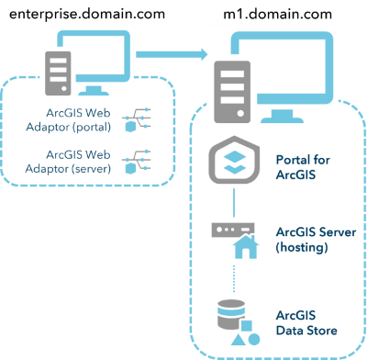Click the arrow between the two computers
pos(170,56)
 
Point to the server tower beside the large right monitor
pos(229,92)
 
